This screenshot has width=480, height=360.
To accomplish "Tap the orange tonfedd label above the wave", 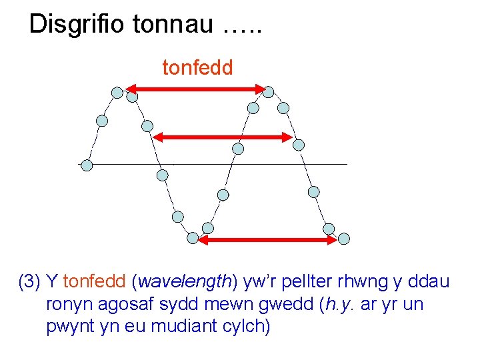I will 198,67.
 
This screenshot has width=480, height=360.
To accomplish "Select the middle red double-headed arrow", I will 222,137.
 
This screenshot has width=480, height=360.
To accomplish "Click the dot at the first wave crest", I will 117,93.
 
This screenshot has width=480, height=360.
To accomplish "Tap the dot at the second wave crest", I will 269,91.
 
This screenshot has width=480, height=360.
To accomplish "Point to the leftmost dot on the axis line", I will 86,165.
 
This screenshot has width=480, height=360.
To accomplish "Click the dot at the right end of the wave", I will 343,238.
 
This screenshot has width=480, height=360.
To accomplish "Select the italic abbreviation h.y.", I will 339,305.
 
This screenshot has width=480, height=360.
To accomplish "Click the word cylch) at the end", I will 247,327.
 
